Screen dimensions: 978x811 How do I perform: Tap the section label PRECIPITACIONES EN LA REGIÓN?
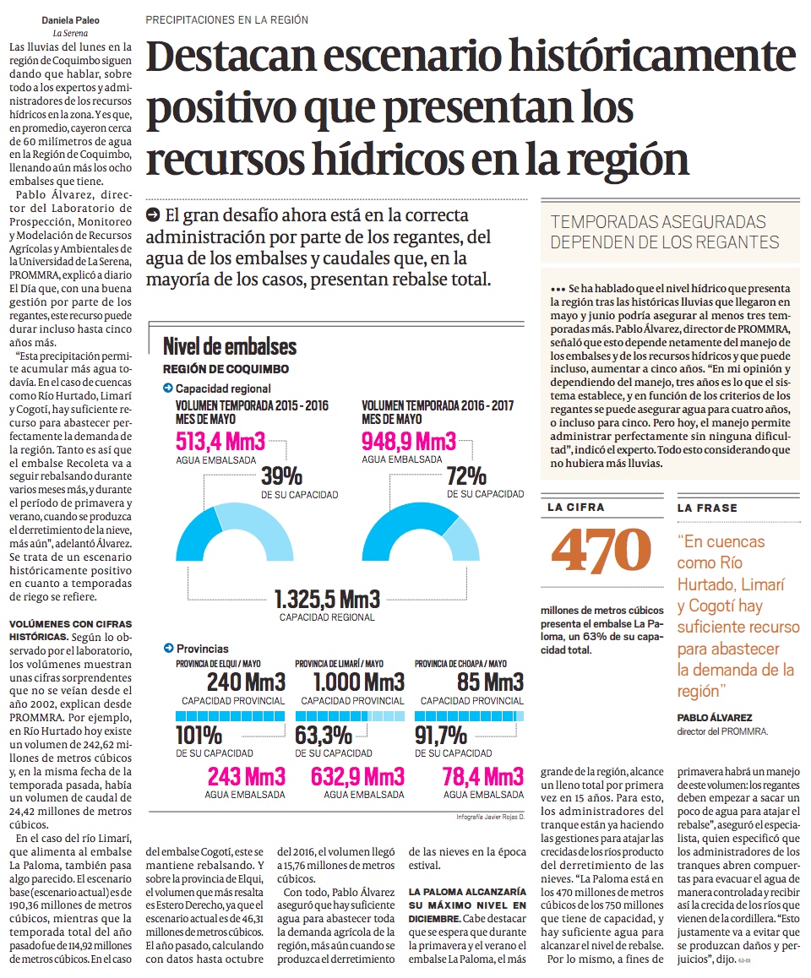point(226,19)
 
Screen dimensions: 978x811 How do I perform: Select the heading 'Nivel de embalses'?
point(229,346)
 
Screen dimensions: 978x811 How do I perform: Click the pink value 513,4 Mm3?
point(220,441)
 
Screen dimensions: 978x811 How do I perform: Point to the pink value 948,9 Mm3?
point(408,441)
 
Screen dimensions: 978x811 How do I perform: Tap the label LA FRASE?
point(706,508)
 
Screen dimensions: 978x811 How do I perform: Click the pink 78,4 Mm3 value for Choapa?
point(483,776)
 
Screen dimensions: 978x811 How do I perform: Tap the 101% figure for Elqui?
point(199,734)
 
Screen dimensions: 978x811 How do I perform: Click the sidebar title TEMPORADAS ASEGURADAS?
point(658,222)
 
